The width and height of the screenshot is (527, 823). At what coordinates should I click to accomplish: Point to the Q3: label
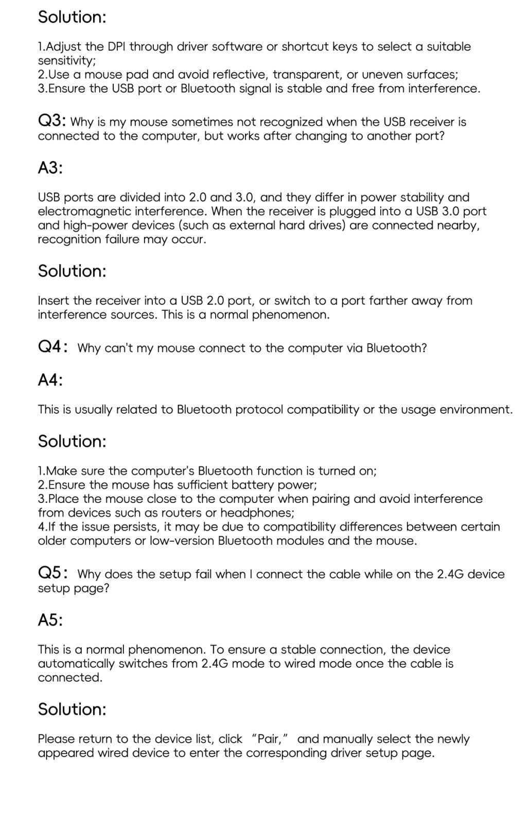click(51, 121)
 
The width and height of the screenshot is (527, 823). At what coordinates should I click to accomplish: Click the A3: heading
click(50, 167)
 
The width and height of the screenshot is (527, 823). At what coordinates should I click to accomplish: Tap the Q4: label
click(52, 347)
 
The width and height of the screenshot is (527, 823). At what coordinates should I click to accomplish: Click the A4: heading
click(50, 380)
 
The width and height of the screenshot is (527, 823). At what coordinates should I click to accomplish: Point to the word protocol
click(259, 410)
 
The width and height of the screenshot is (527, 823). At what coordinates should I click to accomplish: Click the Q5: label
click(52, 573)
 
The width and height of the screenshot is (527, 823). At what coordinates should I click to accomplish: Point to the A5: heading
click(50, 619)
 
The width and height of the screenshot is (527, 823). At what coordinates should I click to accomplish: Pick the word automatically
click(76, 664)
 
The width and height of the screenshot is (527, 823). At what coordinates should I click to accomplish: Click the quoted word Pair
click(269, 739)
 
